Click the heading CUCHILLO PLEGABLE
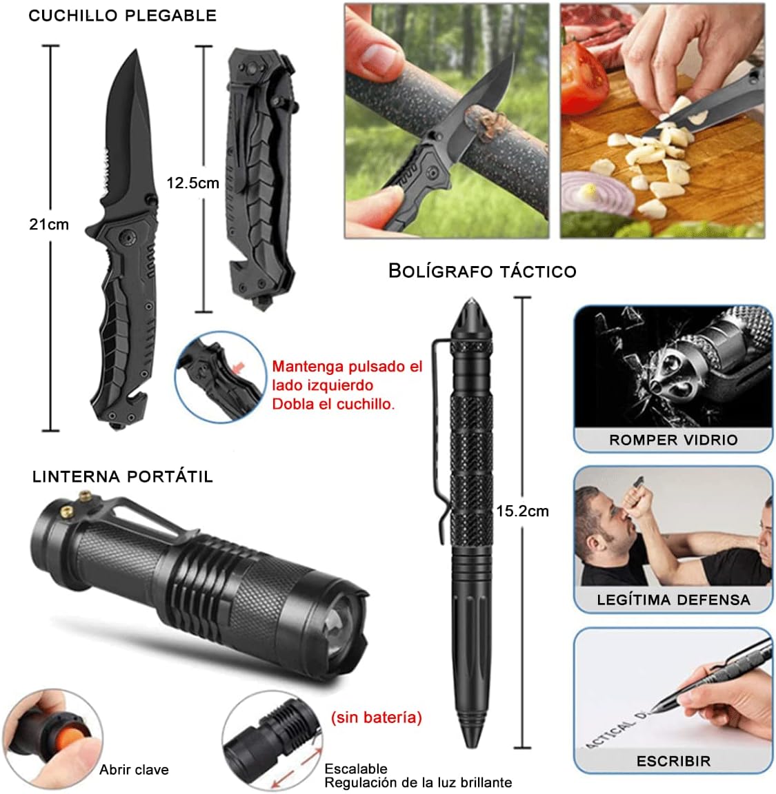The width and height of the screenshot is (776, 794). [x=122, y=16]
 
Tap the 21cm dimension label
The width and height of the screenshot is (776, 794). [x=49, y=224]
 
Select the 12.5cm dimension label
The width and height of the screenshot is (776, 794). [x=192, y=183]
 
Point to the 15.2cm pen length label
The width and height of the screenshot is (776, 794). [x=522, y=511]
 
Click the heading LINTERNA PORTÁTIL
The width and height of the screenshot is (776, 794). [x=123, y=476]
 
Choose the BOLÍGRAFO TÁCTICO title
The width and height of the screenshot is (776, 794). [x=483, y=271]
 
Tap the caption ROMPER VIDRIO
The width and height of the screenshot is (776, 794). [x=673, y=440]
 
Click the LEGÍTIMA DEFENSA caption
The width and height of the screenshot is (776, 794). [x=673, y=600]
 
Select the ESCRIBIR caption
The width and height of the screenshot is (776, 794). [x=673, y=761]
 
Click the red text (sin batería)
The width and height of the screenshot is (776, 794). [x=376, y=717]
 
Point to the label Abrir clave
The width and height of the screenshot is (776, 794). [x=134, y=770]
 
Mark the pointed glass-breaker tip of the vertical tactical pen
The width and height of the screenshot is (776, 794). [x=471, y=298]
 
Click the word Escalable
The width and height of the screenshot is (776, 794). [x=356, y=768]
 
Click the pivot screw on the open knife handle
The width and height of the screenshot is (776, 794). [x=126, y=236]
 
